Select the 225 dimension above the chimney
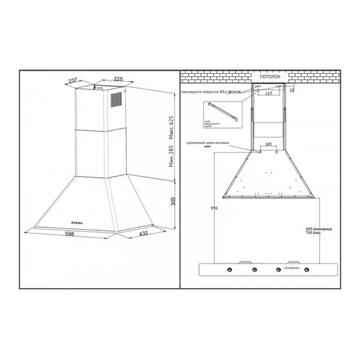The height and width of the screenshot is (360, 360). (118, 79)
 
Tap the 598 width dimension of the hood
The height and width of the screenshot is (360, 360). (71, 235)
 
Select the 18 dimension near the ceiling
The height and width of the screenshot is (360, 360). (292, 90)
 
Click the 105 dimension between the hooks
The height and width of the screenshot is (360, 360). (268, 145)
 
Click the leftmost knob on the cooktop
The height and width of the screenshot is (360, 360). (229, 269)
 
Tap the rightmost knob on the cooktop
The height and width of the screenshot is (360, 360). (301, 269)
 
